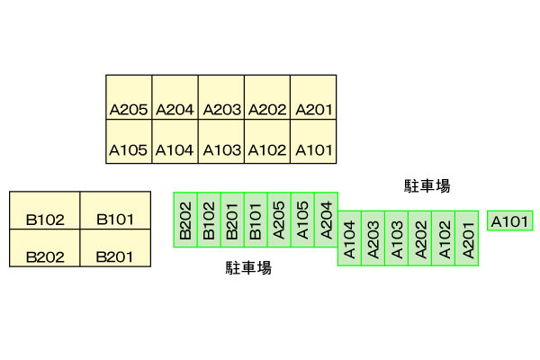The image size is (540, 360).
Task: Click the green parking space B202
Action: [185, 220]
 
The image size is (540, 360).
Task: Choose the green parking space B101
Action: [256, 220]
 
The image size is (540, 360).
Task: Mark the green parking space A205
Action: [279, 220]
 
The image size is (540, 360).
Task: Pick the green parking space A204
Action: [326, 220]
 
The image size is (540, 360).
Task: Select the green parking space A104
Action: [350, 238]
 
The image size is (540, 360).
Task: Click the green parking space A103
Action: [397, 238]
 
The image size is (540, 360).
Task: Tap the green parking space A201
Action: [467, 238]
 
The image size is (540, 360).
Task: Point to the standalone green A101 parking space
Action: [510, 220]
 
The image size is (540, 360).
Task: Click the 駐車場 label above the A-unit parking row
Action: [427, 186]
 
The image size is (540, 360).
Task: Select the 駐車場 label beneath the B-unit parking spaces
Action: [248, 267]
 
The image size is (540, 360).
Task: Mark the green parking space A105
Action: [302, 220]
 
